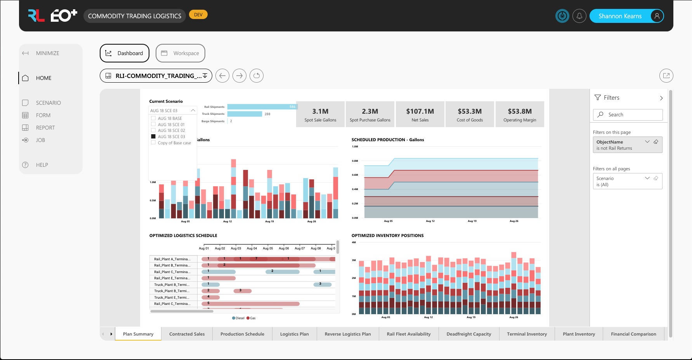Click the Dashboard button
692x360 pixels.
tap(125, 53)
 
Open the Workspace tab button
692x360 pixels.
tap(180, 53)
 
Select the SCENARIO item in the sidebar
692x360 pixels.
tap(48, 103)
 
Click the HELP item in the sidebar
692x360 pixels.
tap(42, 165)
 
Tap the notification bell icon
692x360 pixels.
tap(579, 16)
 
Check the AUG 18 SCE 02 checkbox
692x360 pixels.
tap(153, 130)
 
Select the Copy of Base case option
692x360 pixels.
tap(174, 143)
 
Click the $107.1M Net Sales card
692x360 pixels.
tap(420, 114)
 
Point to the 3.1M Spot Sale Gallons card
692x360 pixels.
tap(320, 114)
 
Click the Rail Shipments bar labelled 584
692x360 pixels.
tap(262, 107)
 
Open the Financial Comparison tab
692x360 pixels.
tap(633, 334)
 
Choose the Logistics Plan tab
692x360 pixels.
tap(294, 334)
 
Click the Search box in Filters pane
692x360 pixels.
tap(628, 115)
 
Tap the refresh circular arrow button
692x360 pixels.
tap(257, 76)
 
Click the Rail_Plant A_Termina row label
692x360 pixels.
tap(172, 259)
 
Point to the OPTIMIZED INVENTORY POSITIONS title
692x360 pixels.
tap(387, 235)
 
